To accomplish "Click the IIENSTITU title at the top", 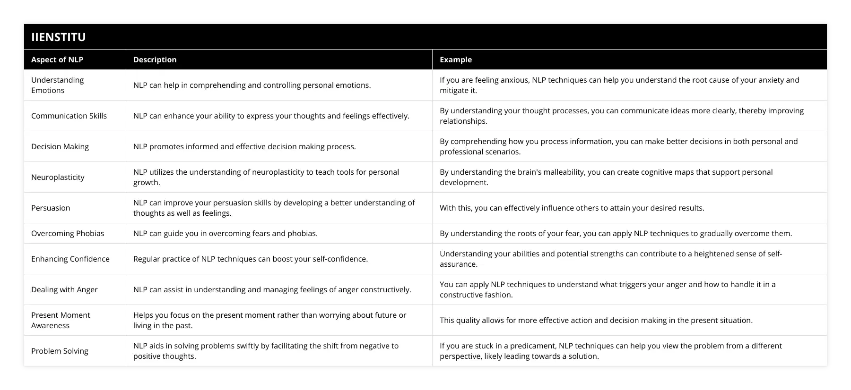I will [59, 37].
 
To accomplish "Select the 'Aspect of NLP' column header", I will [57, 59].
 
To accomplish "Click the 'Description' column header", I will [155, 59].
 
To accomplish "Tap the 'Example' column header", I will [456, 59].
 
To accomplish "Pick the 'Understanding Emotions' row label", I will [58, 85].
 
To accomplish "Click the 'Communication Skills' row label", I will [69, 116].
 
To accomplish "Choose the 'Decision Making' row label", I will [60, 146].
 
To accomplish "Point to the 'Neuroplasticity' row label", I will [58, 177].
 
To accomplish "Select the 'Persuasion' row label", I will [51, 208].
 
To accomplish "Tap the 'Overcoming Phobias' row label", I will [68, 233].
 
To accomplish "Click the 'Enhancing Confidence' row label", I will [70, 259].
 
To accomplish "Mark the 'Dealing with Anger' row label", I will [64, 289].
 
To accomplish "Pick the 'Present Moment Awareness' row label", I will [61, 320].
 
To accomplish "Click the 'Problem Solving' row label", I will [60, 351].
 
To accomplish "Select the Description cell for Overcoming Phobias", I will [226, 233].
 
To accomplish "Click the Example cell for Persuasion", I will [572, 208].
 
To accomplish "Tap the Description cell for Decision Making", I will [244, 146].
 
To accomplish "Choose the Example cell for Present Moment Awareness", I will [596, 320].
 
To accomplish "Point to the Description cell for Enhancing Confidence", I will [251, 259].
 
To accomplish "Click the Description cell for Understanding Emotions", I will [252, 85].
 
